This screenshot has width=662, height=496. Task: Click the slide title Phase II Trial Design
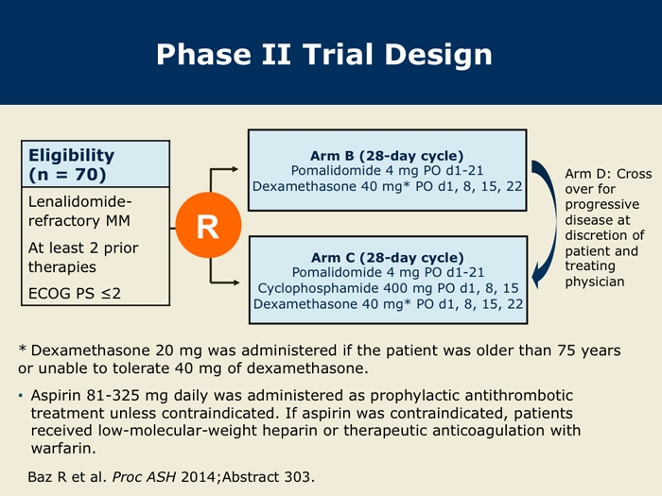point(324,54)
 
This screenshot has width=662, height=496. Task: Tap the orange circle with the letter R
point(206,227)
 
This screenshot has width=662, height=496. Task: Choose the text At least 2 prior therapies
point(83,257)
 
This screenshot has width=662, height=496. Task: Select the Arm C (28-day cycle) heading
point(387,257)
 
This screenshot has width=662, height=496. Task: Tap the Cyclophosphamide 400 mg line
point(387,287)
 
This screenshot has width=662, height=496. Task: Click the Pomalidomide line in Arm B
point(387,171)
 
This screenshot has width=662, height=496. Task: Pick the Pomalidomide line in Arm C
point(387,272)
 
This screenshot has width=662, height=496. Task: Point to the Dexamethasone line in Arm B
point(387,186)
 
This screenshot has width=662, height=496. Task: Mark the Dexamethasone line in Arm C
point(387,303)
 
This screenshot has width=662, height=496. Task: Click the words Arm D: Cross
point(608,174)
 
